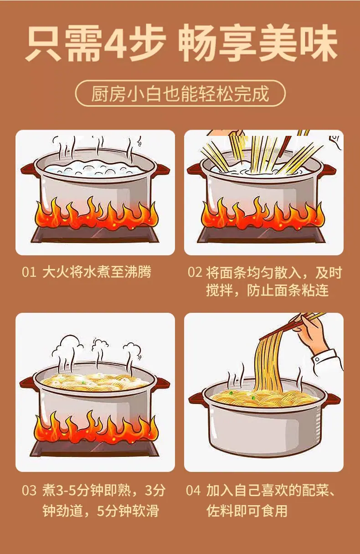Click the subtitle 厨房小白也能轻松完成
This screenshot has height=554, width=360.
[180, 94]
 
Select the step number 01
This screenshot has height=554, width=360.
[29, 272]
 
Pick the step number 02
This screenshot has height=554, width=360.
[195, 272]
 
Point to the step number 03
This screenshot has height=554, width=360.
[29, 491]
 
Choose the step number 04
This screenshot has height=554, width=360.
[193, 491]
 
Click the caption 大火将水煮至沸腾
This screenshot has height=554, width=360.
[97, 272]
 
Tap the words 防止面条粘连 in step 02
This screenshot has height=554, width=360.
[288, 290]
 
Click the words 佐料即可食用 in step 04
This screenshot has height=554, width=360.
[247, 511]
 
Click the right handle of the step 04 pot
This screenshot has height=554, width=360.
[333, 399]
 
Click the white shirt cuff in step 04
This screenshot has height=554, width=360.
[327, 362]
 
